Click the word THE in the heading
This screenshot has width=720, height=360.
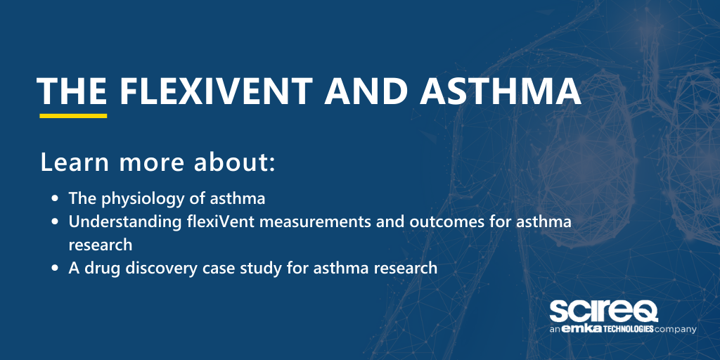(72, 91)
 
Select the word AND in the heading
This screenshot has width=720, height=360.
(361, 91)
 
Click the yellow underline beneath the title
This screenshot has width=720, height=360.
(73, 115)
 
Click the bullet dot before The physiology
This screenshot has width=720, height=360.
(56, 199)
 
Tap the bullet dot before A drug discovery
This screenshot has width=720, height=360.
(56, 268)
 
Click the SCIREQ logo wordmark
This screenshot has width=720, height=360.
(603, 311)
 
